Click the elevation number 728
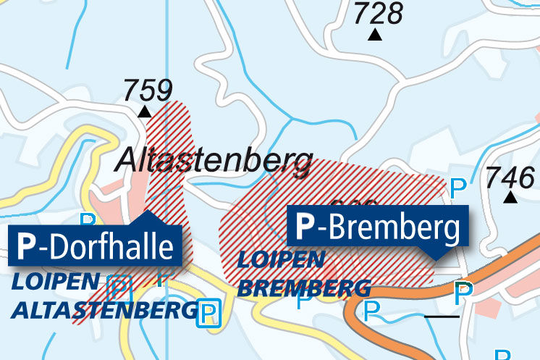pyautogui.click(x=378, y=13)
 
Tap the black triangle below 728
pyautogui.click(x=375, y=35)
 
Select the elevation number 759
pyautogui.click(x=147, y=91)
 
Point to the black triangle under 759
pyautogui.click(x=145, y=112)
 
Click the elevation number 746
pyautogui.click(x=511, y=176)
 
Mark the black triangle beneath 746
pyautogui.click(x=511, y=197)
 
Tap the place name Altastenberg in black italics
pyautogui.click(x=214, y=160)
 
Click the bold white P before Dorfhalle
pyautogui.click(x=26, y=247)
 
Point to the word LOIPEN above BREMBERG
pyautogui.click(x=281, y=259)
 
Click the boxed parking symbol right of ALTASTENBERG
pyautogui.click(x=209, y=313)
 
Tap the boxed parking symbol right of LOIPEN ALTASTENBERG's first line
pyautogui.click(x=119, y=287)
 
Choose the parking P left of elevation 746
pyautogui.click(x=458, y=188)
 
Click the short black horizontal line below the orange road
pyautogui.click(x=442, y=317)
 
